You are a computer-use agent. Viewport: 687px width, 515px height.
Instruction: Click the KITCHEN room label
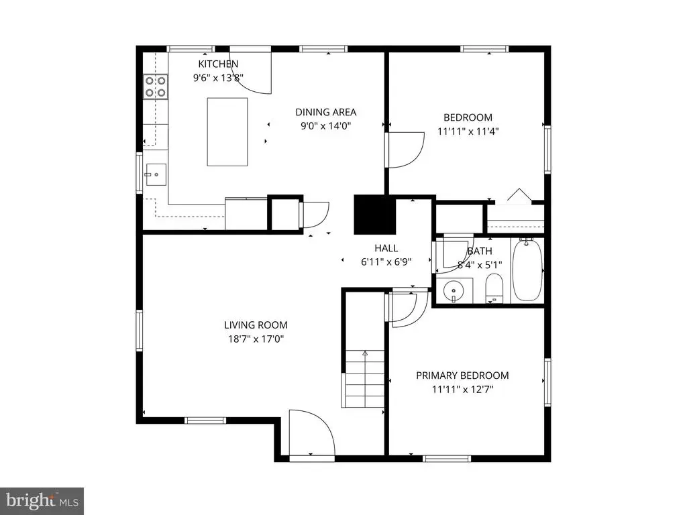coord(218,64)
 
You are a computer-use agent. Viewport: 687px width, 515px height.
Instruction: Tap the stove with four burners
coord(156,87)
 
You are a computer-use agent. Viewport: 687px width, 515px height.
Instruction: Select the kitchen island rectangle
coord(227,132)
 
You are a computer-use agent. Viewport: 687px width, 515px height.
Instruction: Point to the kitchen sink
coord(156,175)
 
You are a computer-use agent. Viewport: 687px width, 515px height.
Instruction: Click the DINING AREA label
coord(325,112)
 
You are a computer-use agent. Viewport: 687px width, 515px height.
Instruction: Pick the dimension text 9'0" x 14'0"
coord(325,126)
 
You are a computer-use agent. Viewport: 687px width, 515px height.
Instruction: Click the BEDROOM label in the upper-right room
coord(468,117)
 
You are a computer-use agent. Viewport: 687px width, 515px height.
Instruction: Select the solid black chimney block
coord(375,215)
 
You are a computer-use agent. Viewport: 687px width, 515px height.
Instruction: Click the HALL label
coord(386,248)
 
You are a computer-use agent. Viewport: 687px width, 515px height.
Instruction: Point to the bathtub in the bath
coord(527,270)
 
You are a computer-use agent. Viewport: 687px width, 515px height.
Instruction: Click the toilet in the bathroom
coord(494,288)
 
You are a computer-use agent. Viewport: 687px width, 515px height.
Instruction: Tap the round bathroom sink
coord(454,290)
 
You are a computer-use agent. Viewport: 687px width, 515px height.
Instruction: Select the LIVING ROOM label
coord(256,325)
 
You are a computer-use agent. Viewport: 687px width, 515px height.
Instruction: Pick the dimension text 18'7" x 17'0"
coord(256,339)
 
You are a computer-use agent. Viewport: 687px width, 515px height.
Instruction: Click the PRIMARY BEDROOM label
coord(462,376)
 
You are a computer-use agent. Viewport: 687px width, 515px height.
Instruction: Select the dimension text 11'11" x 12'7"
coord(462,390)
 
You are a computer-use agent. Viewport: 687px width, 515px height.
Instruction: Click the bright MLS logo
coord(42,501)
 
